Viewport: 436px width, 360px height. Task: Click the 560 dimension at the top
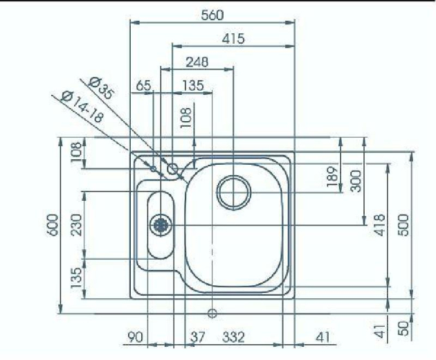(212, 15)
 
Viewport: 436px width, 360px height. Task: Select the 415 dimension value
(233, 39)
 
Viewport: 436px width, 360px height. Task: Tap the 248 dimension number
(197, 62)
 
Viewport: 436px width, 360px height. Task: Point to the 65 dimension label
(143, 86)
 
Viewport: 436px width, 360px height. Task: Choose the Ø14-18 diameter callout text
(82, 107)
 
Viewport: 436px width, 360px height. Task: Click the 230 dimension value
(76, 224)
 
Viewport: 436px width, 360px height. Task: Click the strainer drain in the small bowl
(161, 224)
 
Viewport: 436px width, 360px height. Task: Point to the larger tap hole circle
(172, 168)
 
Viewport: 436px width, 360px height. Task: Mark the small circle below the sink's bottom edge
(212, 313)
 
